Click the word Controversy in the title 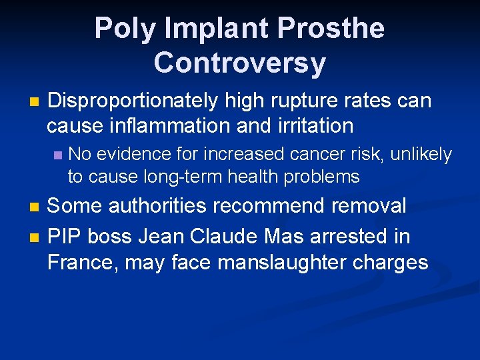pyautogui.click(x=239, y=63)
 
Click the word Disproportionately pyautogui.click(x=133, y=101)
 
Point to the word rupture pyautogui.click(x=305, y=101)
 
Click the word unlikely pyautogui.click(x=421, y=155)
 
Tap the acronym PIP pyautogui.click(x=64, y=236)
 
